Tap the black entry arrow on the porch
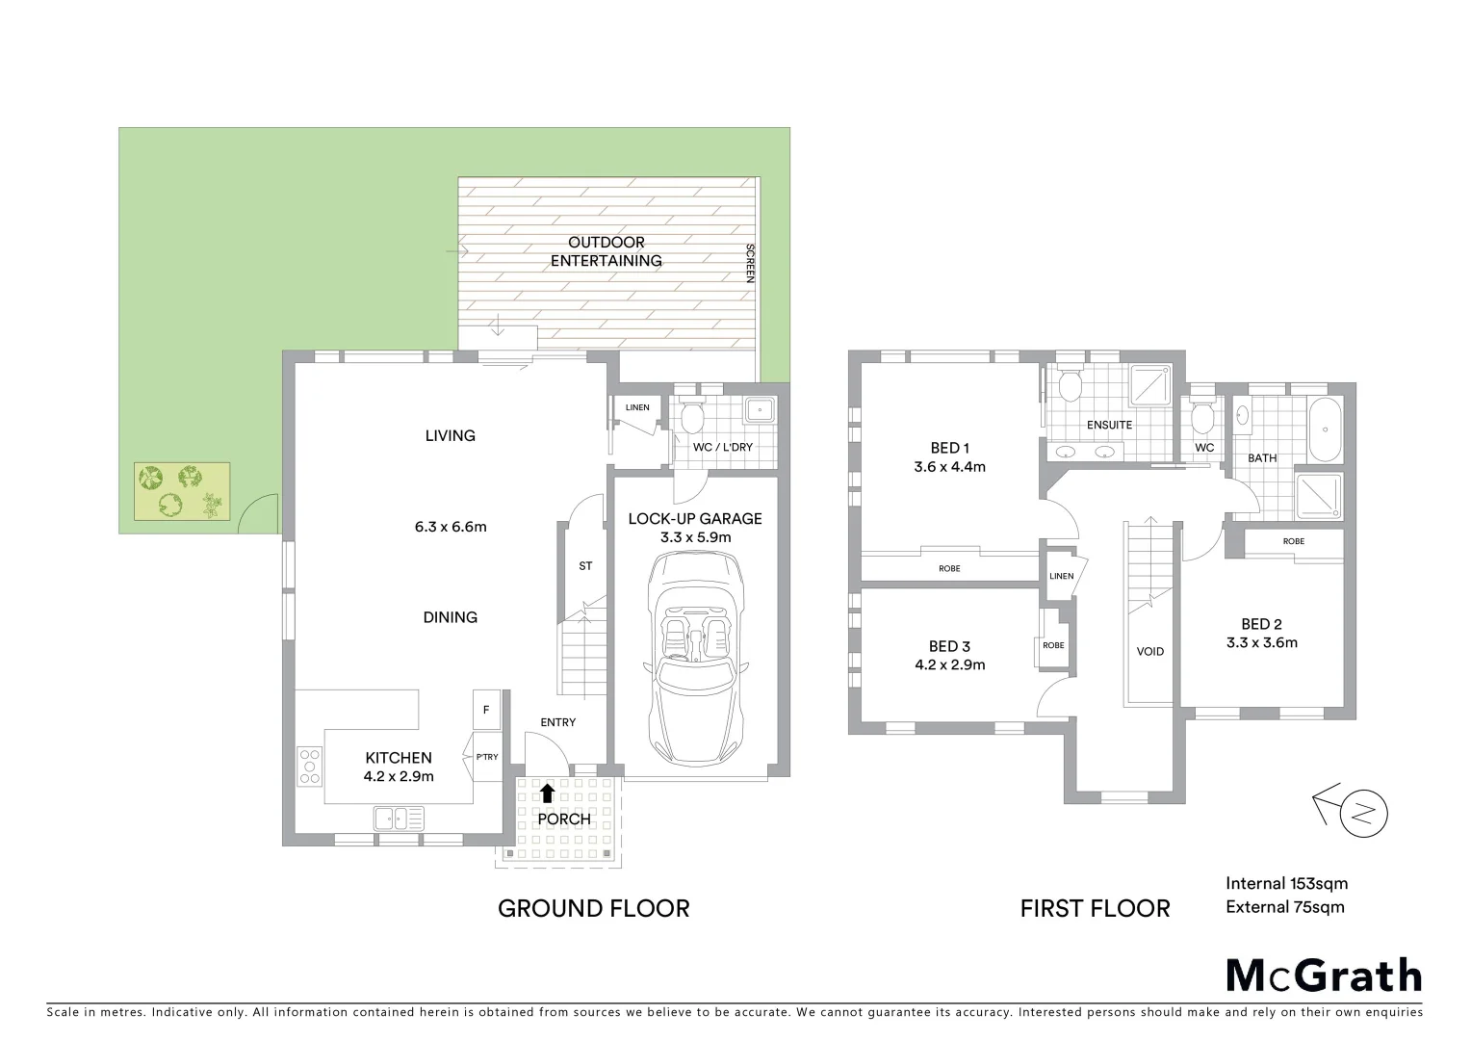point(547,793)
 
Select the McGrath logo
point(1324,975)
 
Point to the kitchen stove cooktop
point(309,766)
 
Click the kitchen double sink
point(399,819)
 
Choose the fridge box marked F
point(486,710)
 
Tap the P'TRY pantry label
point(487,757)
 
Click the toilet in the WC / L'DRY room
point(690,417)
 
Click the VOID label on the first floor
point(1149,652)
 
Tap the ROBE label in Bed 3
point(1053,645)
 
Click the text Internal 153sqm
point(1286,883)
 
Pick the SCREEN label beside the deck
point(750,262)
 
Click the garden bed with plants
point(182,491)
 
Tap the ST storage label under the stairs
point(585,566)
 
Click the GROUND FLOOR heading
point(593,908)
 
